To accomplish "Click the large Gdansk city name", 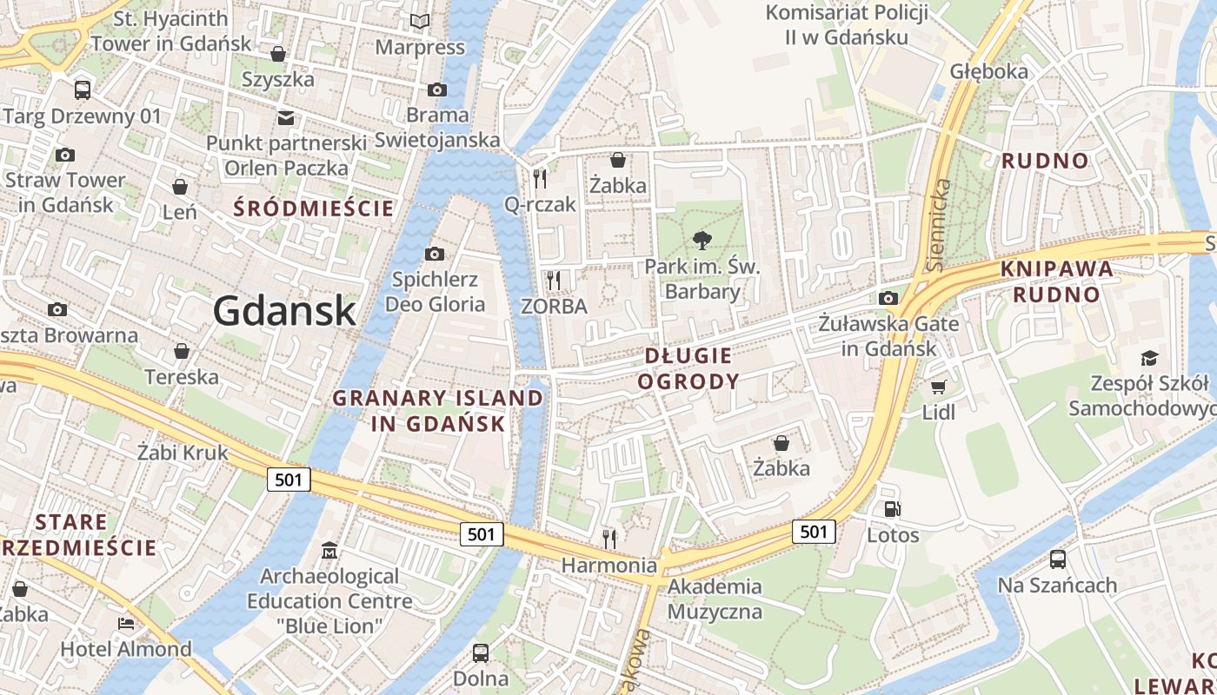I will [x=284, y=310].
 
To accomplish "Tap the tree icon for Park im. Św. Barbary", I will [x=701, y=240].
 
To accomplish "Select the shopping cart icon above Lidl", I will [x=938, y=387].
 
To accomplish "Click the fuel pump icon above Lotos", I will [x=892, y=509].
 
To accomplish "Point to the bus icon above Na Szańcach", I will [x=1057, y=559].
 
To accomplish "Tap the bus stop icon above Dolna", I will [x=480, y=652].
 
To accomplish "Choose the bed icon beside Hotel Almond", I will [x=126, y=624].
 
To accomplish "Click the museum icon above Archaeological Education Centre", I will [x=329, y=550].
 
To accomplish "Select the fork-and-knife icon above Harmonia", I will [x=608, y=539].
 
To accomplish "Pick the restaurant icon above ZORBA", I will [x=553, y=280].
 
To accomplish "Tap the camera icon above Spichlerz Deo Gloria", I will [x=434, y=254].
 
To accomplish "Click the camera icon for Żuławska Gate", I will [x=888, y=298].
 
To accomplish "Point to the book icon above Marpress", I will [x=420, y=21].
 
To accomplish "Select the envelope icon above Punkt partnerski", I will [x=286, y=118].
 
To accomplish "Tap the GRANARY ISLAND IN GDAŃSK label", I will [x=439, y=411].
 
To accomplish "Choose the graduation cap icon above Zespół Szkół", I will [x=1149, y=358].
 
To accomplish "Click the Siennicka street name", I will [x=939, y=224].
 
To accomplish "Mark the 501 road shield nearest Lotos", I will [x=814, y=532].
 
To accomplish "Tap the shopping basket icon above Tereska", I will [x=182, y=351].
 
